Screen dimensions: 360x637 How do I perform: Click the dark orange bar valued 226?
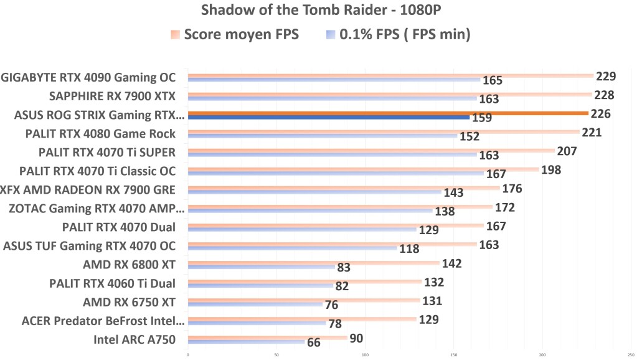pyautogui.click(x=387, y=113)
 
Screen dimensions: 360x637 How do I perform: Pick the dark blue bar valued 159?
pyautogui.click(x=328, y=117)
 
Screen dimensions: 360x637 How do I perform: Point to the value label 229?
pyautogui.click(x=605, y=77)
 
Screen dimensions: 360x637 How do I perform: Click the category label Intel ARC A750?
pyautogui.click(x=134, y=339)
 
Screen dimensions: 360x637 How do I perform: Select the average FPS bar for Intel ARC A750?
pyautogui.click(x=267, y=338)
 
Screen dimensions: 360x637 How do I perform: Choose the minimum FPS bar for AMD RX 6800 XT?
pyautogui.click(x=261, y=267)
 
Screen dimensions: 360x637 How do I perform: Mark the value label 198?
pyautogui.click(x=552, y=170)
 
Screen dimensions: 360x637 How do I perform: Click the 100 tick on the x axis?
pyautogui.click(x=365, y=355)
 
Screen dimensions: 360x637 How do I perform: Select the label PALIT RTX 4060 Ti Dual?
pyautogui.click(x=112, y=283)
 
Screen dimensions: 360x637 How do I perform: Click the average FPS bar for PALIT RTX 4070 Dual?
pyautogui.click(x=336, y=225)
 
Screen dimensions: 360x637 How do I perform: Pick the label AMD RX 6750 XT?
pyautogui.click(x=129, y=302)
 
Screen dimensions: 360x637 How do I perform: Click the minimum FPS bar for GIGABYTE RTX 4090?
pyautogui.click(x=334, y=80)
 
